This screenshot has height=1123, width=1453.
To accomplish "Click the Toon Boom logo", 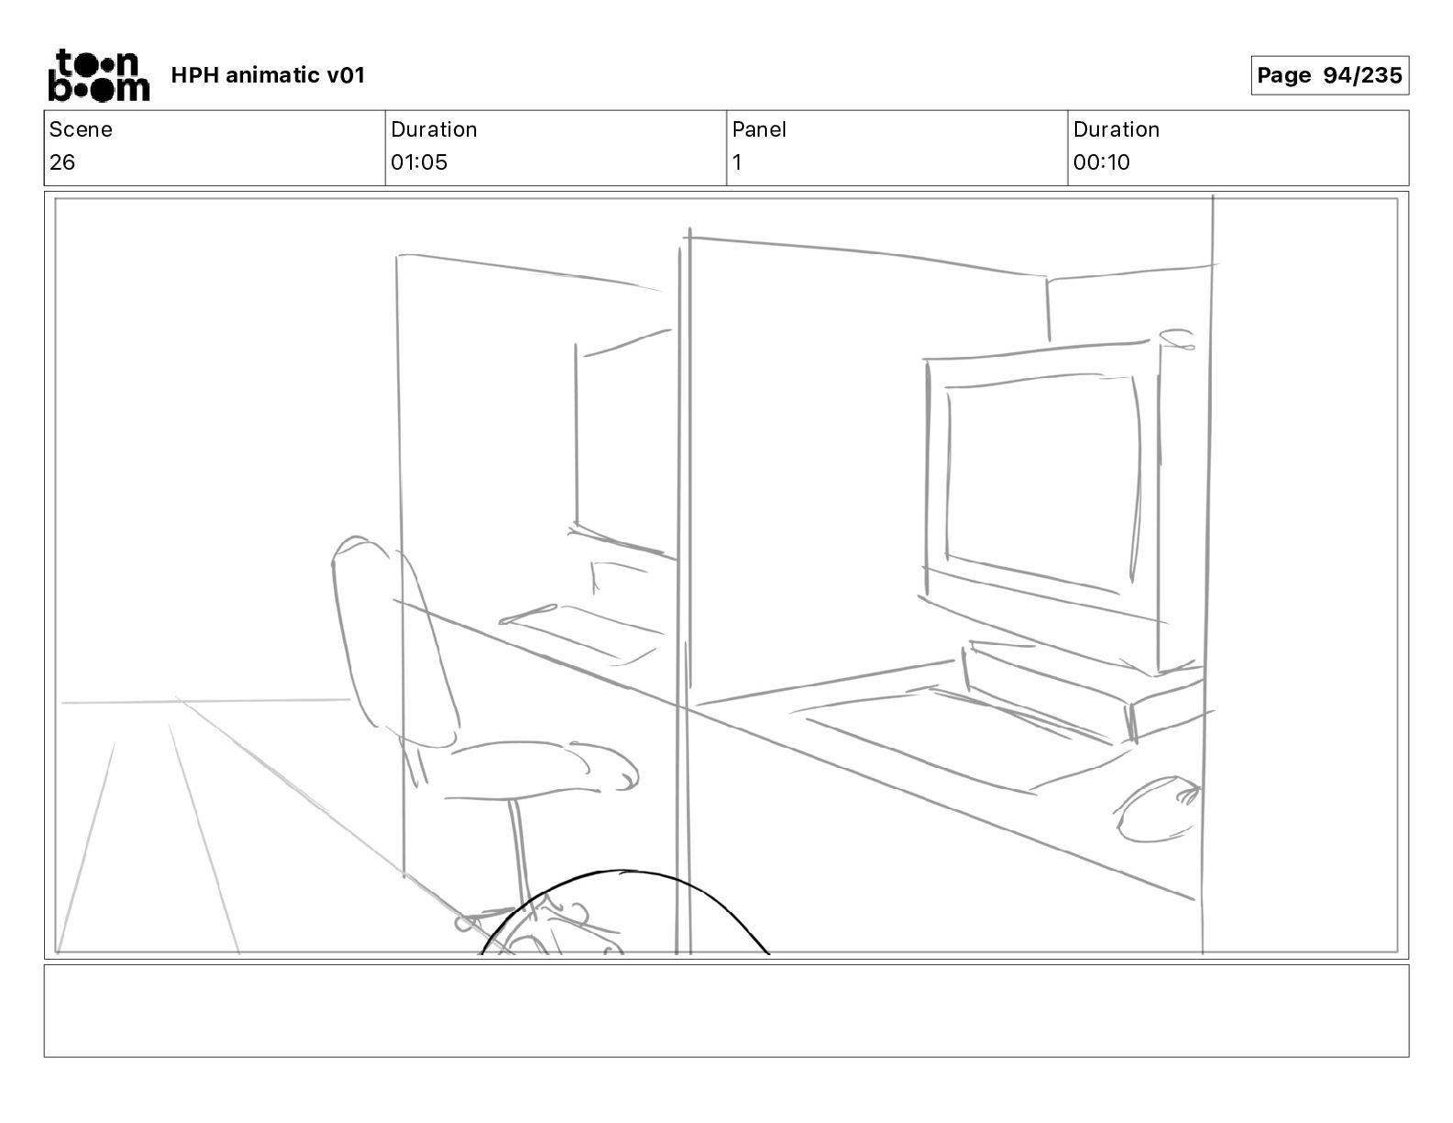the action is tap(98, 75).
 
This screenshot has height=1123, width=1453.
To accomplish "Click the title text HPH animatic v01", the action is tap(268, 75).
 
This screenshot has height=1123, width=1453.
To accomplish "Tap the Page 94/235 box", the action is tap(1329, 75).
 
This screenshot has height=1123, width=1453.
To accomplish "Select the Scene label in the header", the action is tap(81, 129).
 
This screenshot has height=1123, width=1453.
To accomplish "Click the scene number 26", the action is tap(62, 162).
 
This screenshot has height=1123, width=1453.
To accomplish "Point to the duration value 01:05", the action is tap(419, 162).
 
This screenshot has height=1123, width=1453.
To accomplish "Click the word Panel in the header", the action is tap(760, 129).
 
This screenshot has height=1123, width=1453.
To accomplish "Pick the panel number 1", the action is tap(737, 162).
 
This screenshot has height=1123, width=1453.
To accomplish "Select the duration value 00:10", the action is tap(1102, 162).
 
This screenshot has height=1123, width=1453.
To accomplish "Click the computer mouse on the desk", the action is tap(1159, 808).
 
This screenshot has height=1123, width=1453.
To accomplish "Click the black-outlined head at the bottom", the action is tap(624, 917).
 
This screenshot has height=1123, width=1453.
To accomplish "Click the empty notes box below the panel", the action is tap(726, 1010).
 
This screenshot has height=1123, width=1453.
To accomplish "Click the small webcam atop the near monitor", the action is tap(1177, 339).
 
